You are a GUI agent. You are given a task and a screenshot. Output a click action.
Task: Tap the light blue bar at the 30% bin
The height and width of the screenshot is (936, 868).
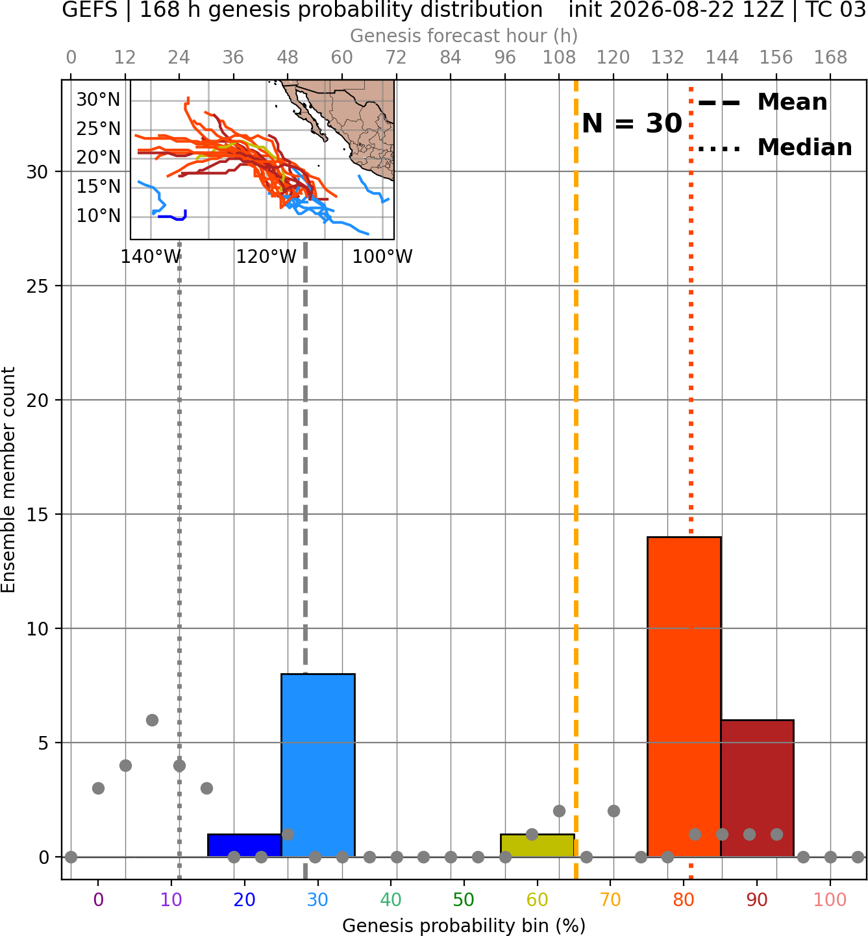[317, 765]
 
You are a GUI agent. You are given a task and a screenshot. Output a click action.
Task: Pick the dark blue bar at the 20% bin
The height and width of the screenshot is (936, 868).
[245, 846]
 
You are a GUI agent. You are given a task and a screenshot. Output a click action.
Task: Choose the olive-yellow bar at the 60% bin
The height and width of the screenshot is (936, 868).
[538, 846]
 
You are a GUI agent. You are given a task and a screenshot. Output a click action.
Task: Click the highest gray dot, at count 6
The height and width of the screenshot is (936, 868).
[152, 720]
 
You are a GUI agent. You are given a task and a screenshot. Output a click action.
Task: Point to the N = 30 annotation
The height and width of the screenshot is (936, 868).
[632, 123]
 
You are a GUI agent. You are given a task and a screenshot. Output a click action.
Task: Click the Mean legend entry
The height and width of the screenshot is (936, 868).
[763, 102]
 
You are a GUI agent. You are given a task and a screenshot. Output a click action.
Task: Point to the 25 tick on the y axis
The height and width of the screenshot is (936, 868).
[37, 286]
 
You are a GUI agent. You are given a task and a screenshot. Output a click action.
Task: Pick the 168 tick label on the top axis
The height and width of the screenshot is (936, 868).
[830, 58]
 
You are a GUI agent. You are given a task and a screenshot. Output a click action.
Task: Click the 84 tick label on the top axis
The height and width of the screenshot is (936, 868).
[451, 58]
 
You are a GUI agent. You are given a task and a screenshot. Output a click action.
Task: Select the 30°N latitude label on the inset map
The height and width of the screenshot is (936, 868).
[99, 100]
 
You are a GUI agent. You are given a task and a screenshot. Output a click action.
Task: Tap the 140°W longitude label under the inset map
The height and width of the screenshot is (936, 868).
[151, 257]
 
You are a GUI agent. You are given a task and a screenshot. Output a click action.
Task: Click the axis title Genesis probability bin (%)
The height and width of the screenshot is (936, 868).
[464, 925]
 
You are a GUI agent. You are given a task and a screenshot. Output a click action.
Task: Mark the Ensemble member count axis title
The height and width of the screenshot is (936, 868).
[8, 480]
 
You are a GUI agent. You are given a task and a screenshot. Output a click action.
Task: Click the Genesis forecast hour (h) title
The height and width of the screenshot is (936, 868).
[464, 36]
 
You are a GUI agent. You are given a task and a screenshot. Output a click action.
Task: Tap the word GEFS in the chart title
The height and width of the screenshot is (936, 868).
[90, 10]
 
